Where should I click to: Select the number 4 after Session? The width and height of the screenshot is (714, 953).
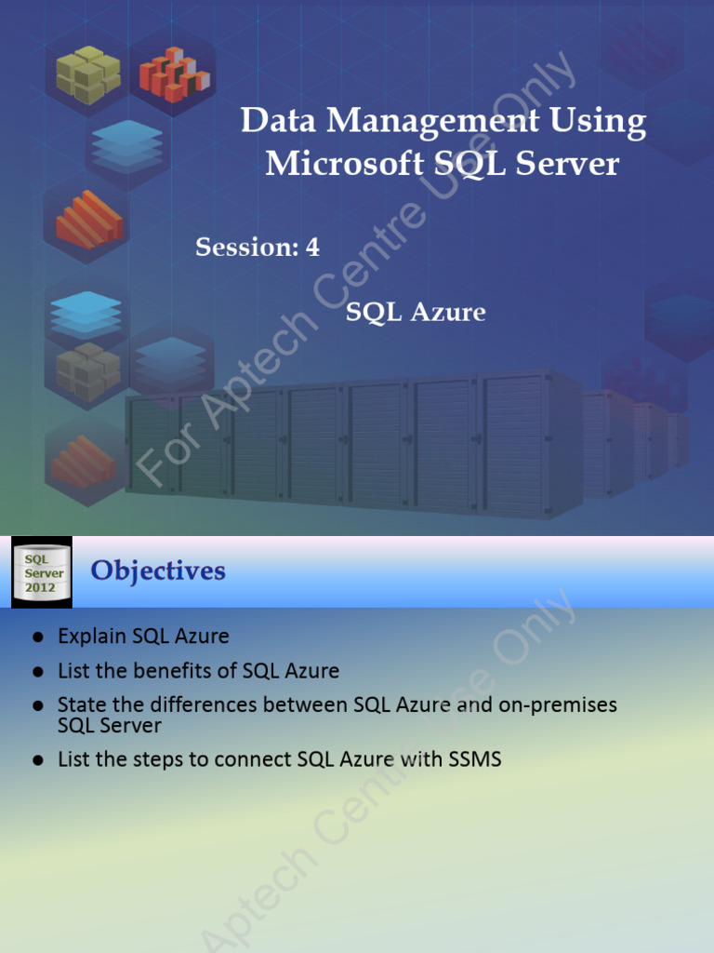(x=312, y=248)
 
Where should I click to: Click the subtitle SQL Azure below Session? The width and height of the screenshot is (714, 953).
(x=416, y=312)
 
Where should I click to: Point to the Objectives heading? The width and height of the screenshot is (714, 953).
(x=158, y=570)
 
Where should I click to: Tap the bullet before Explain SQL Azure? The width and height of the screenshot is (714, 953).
(x=38, y=638)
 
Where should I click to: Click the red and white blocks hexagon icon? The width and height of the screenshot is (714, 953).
(x=174, y=74)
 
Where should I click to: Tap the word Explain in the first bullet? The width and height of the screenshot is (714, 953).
(x=92, y=637)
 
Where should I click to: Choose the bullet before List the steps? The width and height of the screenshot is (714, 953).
(x=38, y=760)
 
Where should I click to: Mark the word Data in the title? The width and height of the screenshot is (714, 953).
(x=271, y=122)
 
